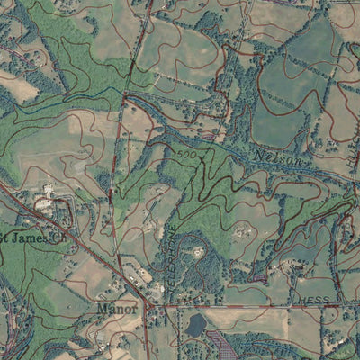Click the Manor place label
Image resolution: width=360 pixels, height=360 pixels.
pos(118,309)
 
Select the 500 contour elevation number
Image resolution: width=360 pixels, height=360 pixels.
pos(186,156)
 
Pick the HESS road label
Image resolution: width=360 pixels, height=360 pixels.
pos(315,298)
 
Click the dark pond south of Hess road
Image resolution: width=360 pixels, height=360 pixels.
pos(195,326)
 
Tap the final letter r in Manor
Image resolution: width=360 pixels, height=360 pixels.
pos(135,310)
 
